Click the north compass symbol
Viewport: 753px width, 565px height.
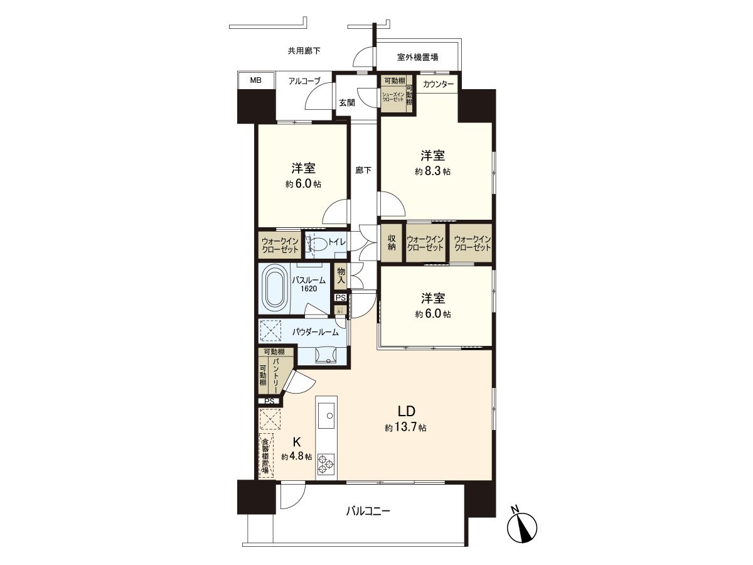pos(523,526)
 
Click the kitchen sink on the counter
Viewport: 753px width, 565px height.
pos(326,415)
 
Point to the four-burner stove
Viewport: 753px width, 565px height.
pos(326,463)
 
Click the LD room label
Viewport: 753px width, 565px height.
pos(406,412)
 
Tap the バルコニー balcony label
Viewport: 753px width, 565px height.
pos(368,511)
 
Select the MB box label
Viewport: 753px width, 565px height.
pos(255,80)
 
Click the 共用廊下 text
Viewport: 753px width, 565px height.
pos(304,51)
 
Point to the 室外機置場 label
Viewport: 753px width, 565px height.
pos(417,57)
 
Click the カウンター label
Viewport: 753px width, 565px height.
pos(438,84)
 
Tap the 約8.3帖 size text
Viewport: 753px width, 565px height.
pos(433,171)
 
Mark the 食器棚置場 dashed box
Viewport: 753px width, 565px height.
pos(265,455)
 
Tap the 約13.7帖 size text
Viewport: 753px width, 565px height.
pos(406,428)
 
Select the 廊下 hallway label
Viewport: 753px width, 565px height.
pos(363,169)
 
